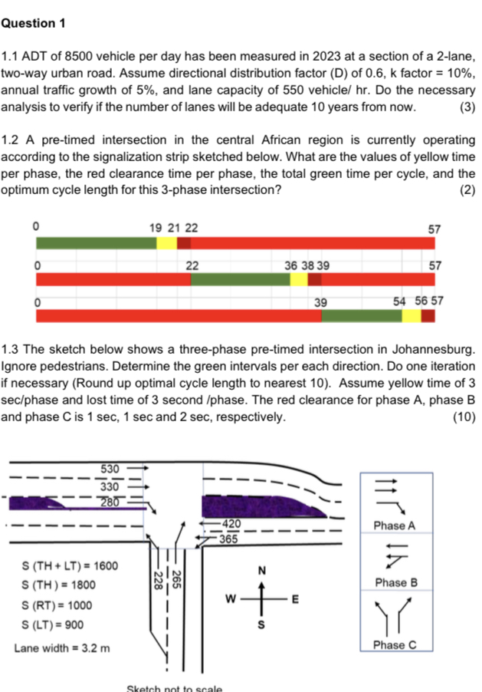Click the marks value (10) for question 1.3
(x=464, y=417)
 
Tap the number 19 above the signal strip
(x=156, y=229)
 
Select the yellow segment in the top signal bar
(x=167, y=242)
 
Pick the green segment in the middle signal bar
(x=240, y=278)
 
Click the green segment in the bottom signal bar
(x=362, y=315)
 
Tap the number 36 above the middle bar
(x=291, y=265)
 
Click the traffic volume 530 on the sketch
(x=110, y=469)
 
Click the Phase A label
(x=394, y=526)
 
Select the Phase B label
(x=394, y=582)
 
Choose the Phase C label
(x=394, y=645)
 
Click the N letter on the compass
(x=261, y=570)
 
